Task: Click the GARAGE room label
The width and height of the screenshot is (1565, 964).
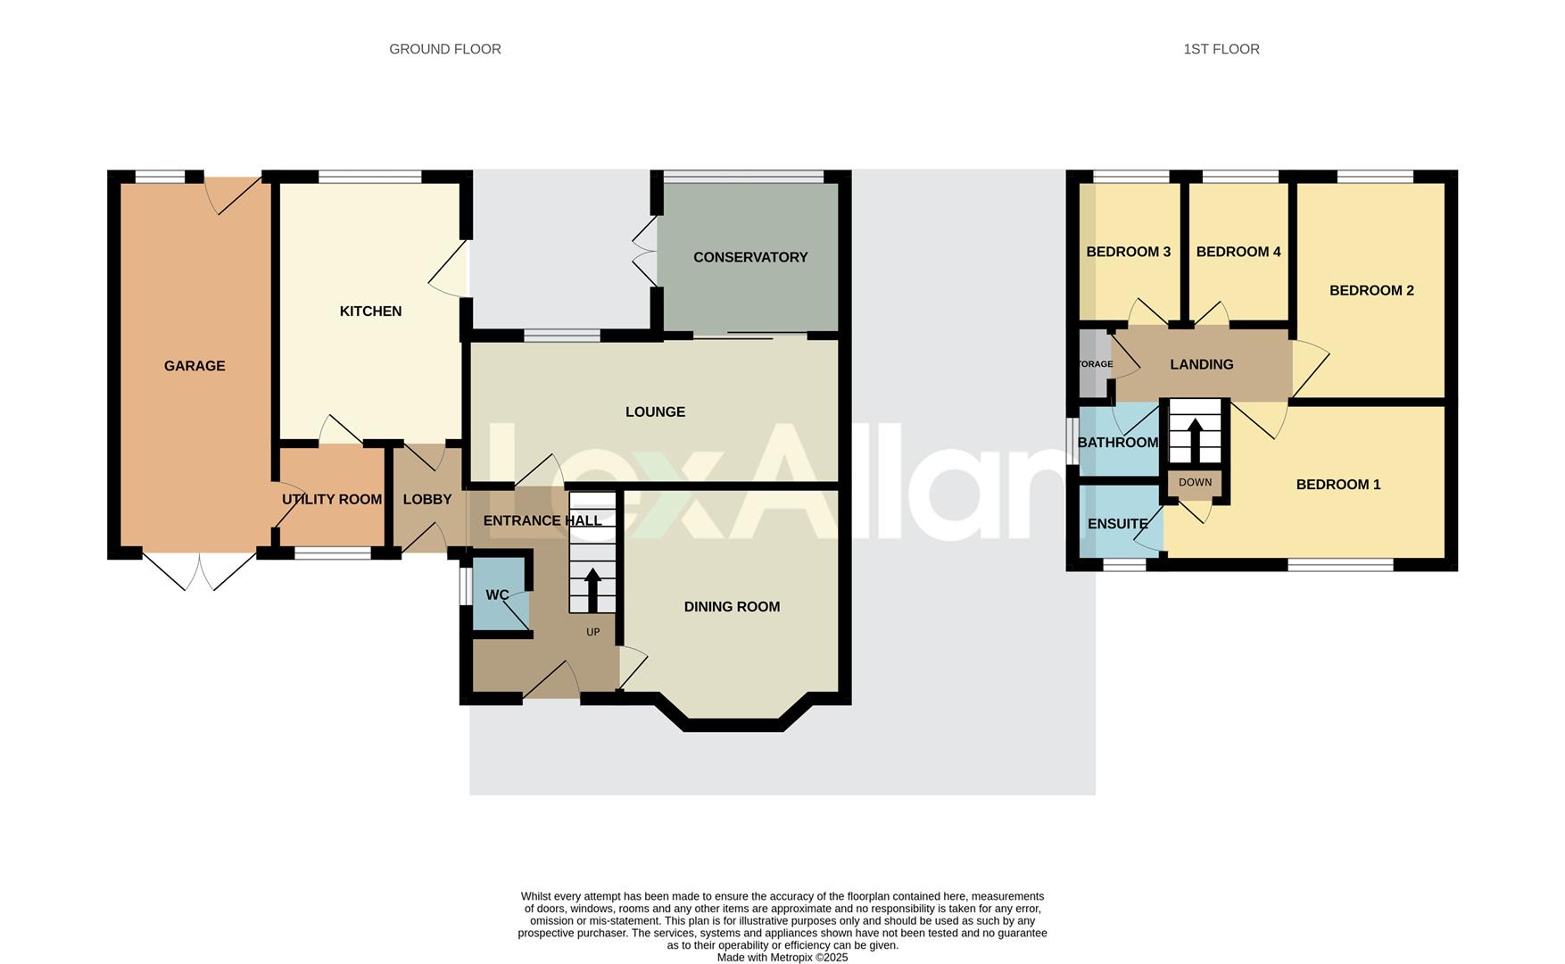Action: [x=195, y=366]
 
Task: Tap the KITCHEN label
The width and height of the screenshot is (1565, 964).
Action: [x=370, y=312]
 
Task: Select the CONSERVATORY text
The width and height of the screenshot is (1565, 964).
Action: [x=749, y=257]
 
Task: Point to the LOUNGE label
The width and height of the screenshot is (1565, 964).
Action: [x=655, y=412]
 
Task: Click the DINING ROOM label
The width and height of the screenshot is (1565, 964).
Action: [x=732, y=607]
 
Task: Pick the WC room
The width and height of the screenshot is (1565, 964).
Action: [x=497, y=595]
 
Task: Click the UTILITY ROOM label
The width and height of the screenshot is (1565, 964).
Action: [x=331, y=500]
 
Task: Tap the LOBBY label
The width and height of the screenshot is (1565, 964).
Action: [x=426, y=500]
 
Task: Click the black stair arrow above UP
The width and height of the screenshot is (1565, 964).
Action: [x=592, y=589]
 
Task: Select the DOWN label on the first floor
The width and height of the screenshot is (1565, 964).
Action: [x=1195, y=483]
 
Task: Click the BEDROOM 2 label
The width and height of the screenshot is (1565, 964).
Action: [x=1370, y=291]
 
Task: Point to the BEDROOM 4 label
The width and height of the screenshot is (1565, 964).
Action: [x=1238, y=253]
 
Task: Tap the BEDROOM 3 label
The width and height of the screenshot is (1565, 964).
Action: [x=1128, y=253]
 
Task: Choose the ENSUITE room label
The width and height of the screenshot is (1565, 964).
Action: [x=1117, y=524]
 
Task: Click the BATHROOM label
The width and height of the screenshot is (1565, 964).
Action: [x=1117, y=443]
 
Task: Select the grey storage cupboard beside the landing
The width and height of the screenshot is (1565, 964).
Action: [x=1093, y=364]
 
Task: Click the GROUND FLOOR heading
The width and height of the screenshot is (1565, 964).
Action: [x=444, y=49]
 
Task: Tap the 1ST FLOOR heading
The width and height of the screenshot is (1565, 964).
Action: [x=1221, y=49]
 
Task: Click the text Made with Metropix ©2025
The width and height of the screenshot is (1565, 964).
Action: [x=782, y=957]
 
